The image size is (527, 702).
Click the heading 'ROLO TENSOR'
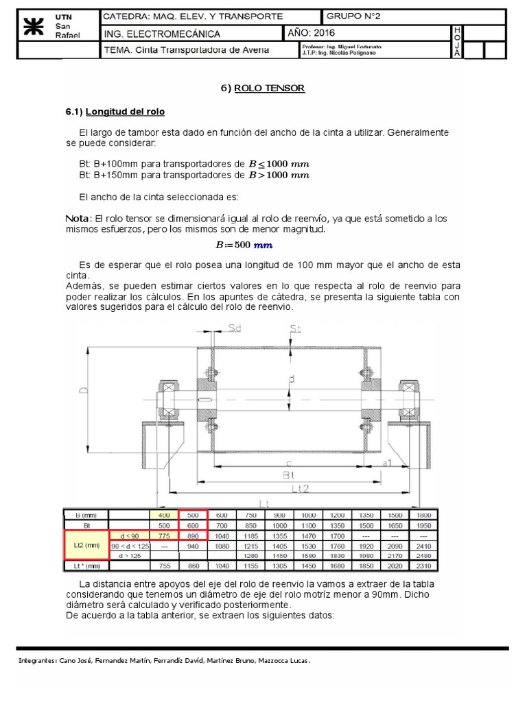[x=270, y=88]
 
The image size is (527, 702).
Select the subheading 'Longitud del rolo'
[x=125, y=111]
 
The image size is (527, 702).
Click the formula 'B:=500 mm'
[x=244, y=245]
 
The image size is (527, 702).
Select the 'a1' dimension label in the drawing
[x=386, y=463]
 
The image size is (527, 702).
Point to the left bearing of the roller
[x=165, y=398]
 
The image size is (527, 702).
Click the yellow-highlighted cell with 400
[x=163, y=514]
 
